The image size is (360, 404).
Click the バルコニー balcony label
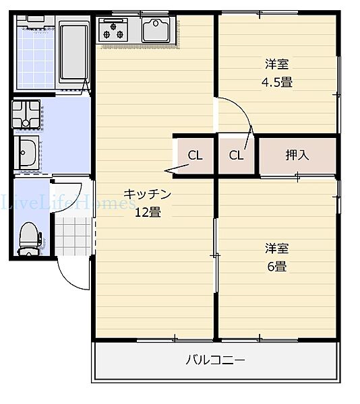coord(215,360)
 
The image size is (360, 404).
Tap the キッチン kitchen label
coord(148,195)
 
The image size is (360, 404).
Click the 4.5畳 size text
coord(277,82)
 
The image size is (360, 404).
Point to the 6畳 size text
coord(276,265)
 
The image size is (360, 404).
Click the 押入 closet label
coord(297,156)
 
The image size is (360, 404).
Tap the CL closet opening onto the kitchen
coord(195,156)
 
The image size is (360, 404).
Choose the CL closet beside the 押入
coord(236,156)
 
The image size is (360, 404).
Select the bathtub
coord(73,52)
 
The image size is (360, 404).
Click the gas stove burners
coord(113,30)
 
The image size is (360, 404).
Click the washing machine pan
coord(26,114)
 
